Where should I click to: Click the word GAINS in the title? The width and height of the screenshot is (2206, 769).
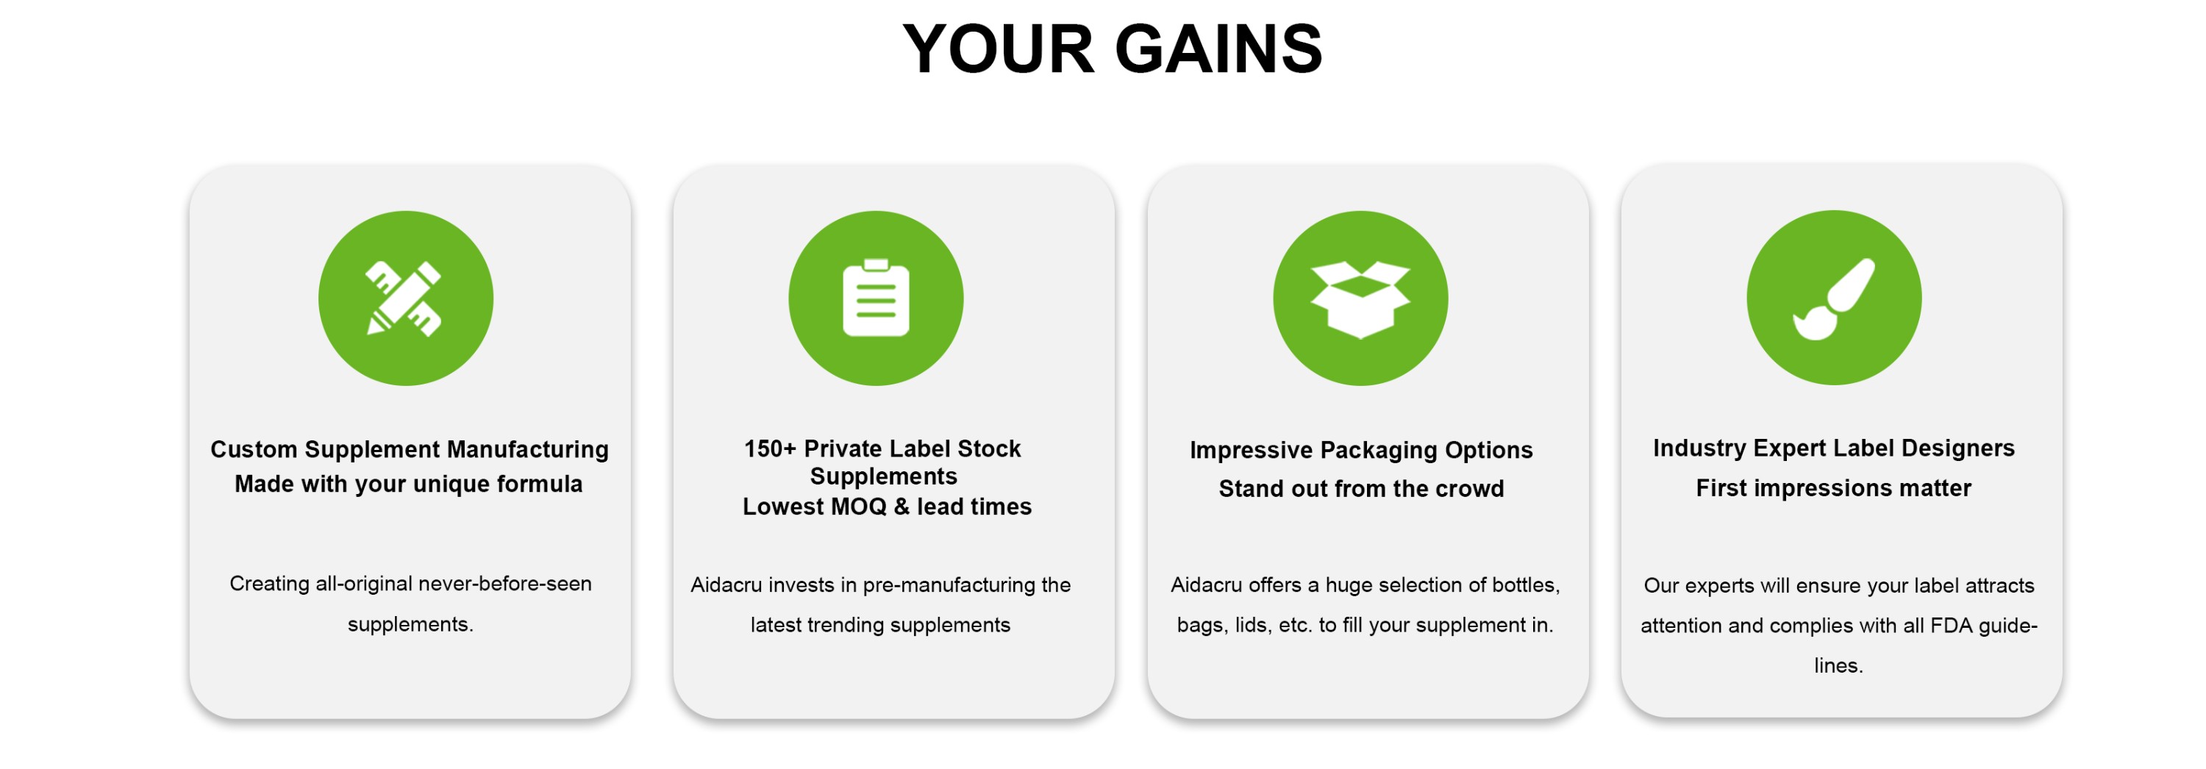tap(1219, 49)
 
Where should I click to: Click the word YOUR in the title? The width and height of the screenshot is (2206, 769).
tap(999, 49)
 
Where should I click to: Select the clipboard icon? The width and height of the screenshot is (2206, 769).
tap(875, 297)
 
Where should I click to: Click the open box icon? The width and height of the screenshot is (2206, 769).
tap(1360, 299)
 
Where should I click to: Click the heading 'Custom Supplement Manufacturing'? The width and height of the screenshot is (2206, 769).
tap(410, 450)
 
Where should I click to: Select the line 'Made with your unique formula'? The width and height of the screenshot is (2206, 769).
tap(409, 484)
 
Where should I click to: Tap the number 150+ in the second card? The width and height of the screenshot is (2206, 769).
tap(770, 448)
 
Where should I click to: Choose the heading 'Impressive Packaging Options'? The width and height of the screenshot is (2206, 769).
tap(1361, 451)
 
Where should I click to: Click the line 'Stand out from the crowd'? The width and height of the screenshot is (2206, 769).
tap(1361, 489)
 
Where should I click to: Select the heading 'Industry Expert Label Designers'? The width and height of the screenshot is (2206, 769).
tap(1833, 448)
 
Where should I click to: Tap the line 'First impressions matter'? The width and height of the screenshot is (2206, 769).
tap(1833, 488)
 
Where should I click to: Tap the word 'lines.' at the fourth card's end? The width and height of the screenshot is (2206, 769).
tap(1838, 665)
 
